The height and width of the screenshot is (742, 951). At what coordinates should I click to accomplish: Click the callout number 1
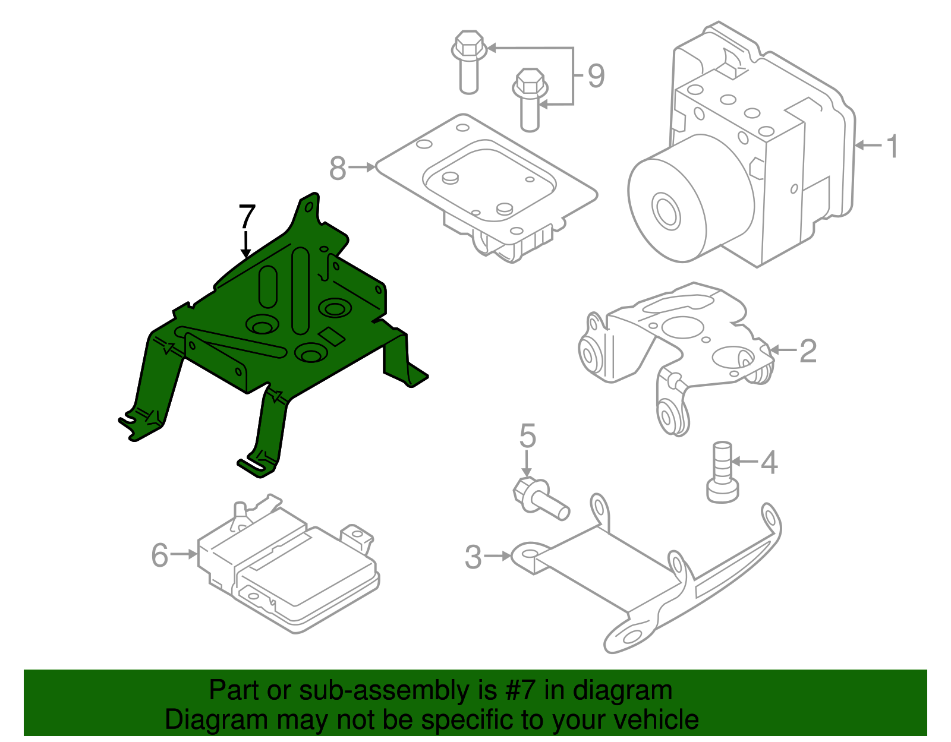tap(892, 146)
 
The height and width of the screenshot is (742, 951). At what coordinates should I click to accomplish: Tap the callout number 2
tap(808, 351)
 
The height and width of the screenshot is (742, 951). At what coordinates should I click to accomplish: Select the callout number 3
tap(473, 557)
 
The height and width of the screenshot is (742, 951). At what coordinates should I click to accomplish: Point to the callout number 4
tap(769, 462)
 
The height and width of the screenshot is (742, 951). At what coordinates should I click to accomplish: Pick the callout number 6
tap(160, 555)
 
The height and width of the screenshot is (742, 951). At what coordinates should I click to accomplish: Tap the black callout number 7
tap(247, 217)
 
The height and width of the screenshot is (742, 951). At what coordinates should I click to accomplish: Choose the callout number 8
tap(338, 168)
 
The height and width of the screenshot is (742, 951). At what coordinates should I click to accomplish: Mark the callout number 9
tap(596, 76)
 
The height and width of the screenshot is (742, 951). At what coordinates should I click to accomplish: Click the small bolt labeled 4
tap(722, 472)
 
